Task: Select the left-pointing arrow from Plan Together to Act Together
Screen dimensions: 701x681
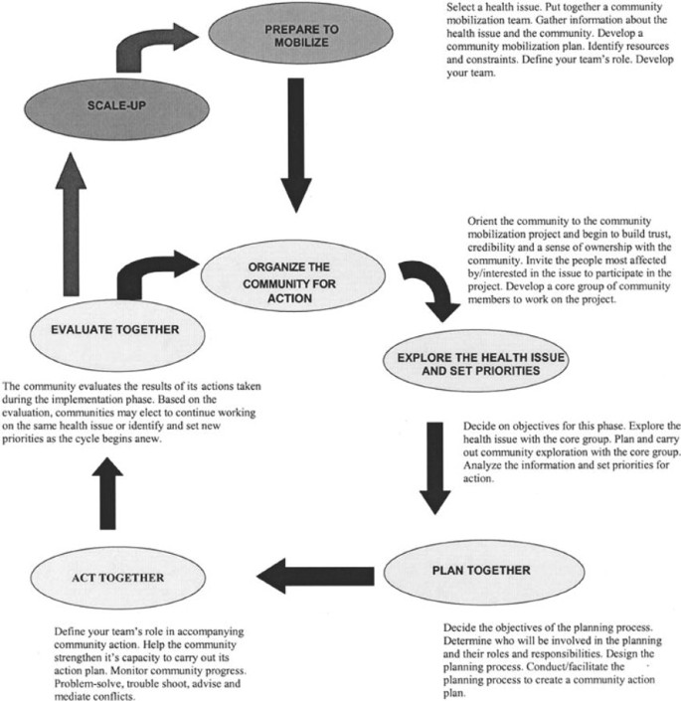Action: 317,573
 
